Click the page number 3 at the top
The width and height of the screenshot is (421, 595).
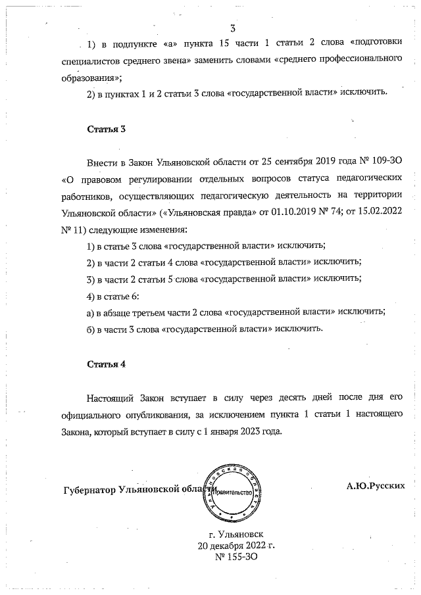(233, 28)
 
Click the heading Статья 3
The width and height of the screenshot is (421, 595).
(107, 129)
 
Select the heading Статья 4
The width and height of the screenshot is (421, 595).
(107, 364)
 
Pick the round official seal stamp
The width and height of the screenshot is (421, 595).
(233, 490)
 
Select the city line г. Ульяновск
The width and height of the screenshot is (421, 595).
(234, 535)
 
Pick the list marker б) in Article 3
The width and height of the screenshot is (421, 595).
(91, 329)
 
